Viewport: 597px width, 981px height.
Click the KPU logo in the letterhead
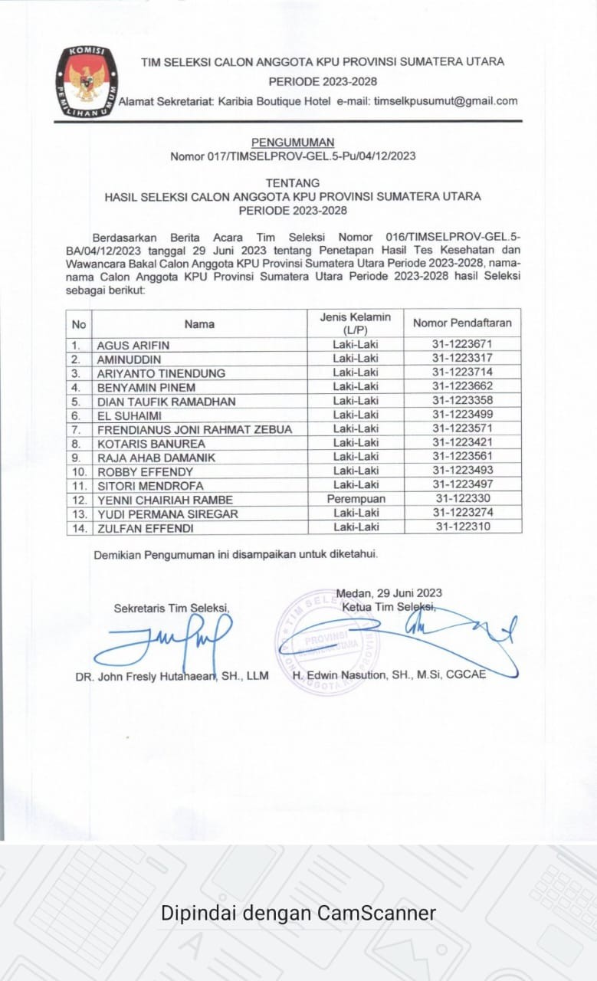tap(87, 82)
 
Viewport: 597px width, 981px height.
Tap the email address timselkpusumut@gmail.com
tap(445, 100)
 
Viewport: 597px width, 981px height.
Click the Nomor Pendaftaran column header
tap(461, 323)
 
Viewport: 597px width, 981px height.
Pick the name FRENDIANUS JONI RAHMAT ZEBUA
tap(195, 429)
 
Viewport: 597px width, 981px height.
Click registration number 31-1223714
tap(461, 372)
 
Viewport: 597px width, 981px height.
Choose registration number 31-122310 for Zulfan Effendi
tap(461, 527)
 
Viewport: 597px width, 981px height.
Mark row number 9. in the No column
tap(77, 458)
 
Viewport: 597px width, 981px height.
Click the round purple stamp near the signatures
tap(326, 642)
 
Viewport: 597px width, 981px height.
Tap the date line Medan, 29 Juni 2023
tap(389, 592)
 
